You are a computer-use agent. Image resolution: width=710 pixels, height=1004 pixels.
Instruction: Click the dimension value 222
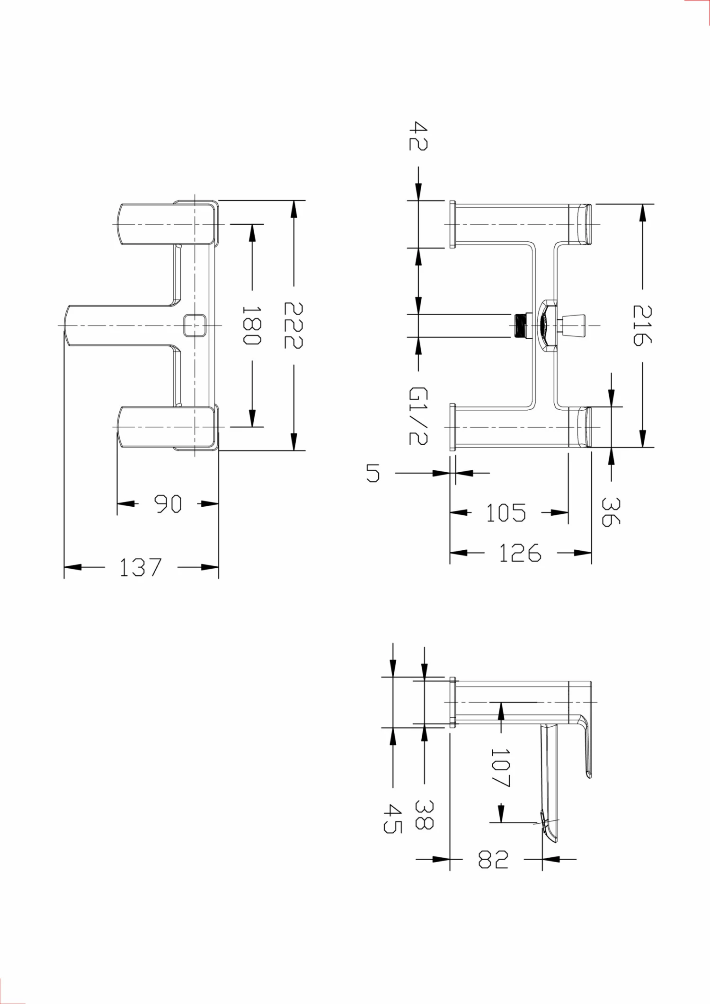point(293,326)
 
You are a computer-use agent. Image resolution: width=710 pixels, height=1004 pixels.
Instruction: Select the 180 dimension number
point(251,326)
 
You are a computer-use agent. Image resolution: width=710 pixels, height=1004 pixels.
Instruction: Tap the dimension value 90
point(168,504)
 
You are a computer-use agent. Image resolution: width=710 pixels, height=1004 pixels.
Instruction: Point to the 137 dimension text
point(141,567)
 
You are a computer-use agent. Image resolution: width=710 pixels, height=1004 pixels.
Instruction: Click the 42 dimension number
point(418,136)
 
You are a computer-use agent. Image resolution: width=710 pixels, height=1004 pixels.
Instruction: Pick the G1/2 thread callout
point(418,416)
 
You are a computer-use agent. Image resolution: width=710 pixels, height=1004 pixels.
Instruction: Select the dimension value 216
point(642,326)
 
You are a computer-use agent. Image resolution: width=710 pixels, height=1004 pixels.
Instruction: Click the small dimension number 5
point(373,473)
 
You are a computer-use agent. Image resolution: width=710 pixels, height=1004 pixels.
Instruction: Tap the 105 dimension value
point(506,513)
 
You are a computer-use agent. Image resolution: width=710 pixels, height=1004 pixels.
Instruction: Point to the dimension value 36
point(611,511)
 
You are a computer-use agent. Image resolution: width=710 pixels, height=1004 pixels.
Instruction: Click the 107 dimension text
point(500,768)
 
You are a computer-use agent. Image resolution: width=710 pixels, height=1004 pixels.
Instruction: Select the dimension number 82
point(493,859)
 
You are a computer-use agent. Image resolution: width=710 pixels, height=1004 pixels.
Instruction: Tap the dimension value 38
point(424,815)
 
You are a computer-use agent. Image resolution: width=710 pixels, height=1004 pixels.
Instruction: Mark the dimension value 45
point(392,819)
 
